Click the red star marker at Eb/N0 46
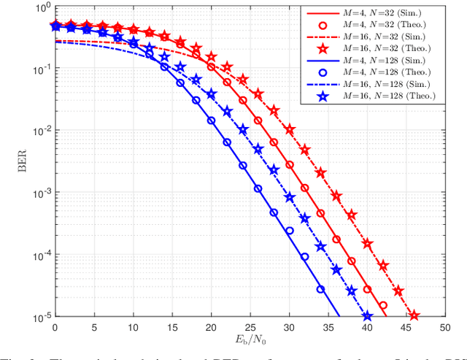(414, 315)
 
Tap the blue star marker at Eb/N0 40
(367, 316)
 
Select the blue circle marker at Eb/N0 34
(320, 288)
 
